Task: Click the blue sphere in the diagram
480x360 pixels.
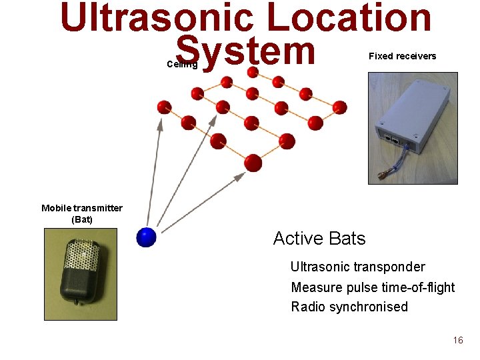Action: pyautogui.click(x=145, y=237)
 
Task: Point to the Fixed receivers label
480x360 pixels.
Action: pyautogui.click(x=402, y=56)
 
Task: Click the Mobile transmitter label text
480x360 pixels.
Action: pyautogui.click(x=81, y=208)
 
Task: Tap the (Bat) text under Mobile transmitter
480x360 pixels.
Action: pyautogui.click(x=81, y=219)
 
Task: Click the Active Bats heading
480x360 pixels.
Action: pyautogui.click(x=319, y=238)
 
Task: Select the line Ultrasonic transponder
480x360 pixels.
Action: pyautogui.click(x=357, y=267)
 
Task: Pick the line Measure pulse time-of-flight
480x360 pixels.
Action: pyautogui.click(x=373, y=287)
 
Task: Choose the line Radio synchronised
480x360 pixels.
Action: pyautogui.click(x=349, y=307)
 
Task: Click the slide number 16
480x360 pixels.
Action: pyautogui.click(x=457, y=340)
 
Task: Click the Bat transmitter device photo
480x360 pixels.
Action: pyautogui.click(x=81, y=274)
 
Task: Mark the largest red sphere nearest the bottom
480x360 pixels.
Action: pyautogui.click(x=253, y=162)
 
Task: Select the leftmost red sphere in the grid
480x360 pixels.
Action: pyautogui.click(x=164, y=107)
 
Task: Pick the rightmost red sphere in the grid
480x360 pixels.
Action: pyautogui.click(x=339, y=107)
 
